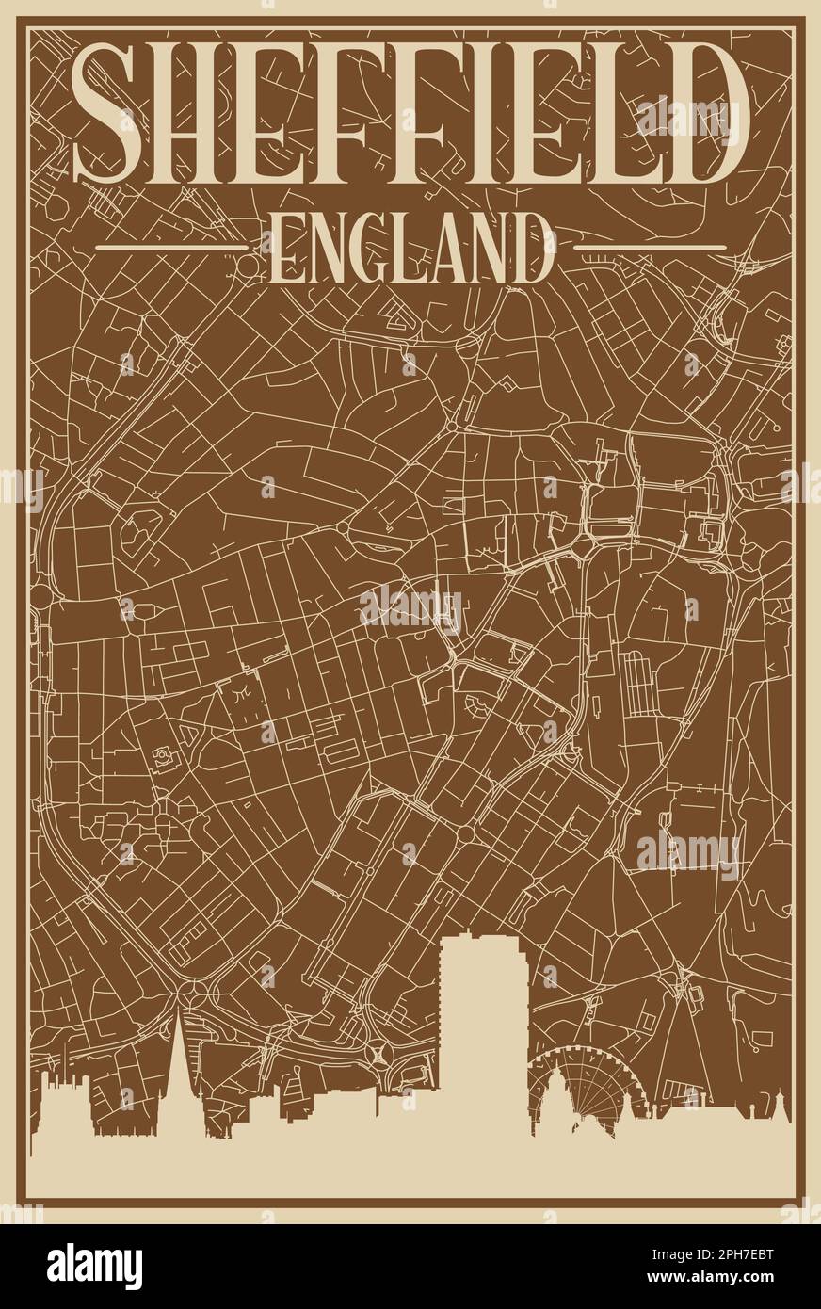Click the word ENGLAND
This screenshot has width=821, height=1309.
pos(410,248)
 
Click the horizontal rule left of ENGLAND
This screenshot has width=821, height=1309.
pos(175,248)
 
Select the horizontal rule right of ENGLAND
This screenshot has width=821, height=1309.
pos(650,248)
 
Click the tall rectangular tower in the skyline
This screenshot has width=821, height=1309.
pos(483,1036)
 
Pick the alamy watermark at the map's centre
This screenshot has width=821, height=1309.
pos(410,608)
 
